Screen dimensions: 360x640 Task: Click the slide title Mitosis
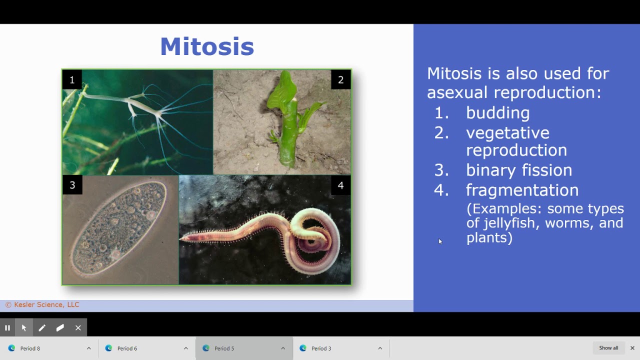207,46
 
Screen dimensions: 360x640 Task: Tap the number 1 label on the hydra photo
72,80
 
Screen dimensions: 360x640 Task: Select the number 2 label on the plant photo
340,80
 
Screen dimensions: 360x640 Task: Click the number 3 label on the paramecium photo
72,185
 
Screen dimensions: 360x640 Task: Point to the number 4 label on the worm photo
340,185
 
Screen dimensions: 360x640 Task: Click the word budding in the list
497,113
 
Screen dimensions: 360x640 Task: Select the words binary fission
518,170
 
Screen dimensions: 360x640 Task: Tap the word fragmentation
522,190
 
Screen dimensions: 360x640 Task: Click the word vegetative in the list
507,133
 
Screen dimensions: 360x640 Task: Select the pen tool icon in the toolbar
42,328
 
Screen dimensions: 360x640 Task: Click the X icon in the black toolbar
78,328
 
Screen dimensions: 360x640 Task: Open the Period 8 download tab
30,348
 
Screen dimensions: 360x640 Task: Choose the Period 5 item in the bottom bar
224,348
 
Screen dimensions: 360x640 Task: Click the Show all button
608,348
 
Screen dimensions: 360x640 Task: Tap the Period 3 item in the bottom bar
321,348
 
